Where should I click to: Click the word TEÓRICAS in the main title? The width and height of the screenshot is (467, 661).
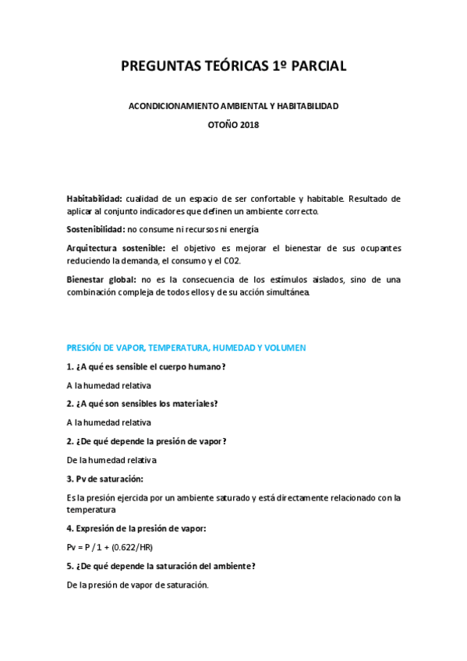(x=218, y=68)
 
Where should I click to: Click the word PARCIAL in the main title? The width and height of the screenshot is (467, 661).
(x=315, y=68)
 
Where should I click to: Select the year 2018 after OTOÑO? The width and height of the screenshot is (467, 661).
(x=247, y=125)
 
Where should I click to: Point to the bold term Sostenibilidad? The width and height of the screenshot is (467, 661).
(x=95, y=229)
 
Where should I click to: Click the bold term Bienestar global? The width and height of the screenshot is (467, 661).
(x=102, y=278)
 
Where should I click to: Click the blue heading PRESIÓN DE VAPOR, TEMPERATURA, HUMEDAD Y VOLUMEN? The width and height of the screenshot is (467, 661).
(x=186, y=347)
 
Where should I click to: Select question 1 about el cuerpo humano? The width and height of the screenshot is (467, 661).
(x=146, y=366)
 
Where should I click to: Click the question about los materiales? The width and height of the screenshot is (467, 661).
(x=142, y=403)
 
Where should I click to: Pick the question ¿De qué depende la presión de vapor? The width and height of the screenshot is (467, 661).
(x=147, y=440)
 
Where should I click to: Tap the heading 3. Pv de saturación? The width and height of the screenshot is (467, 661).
(x=105, y=478)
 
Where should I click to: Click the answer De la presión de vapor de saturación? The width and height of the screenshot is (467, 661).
(x=138, y=585)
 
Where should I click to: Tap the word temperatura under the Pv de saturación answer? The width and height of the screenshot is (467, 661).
(x=92, y=510)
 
